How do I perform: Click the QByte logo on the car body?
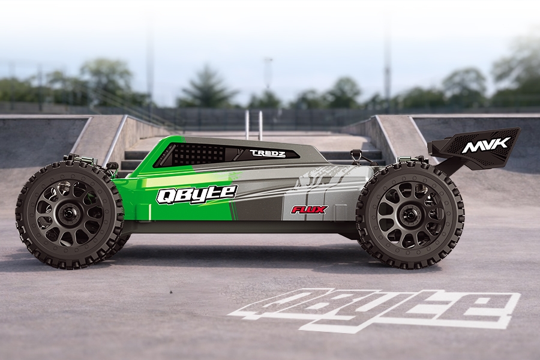pyautogui.click(x=197, y=194)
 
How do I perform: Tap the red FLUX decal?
pyautogui.click(x=309, y=209)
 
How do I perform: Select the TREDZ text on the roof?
pyautogui.click(x=267, y=154)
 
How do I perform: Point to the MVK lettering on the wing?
pyautogui.click(x=485, y=145)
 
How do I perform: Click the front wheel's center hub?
pyautogui.click(x=69, y=214)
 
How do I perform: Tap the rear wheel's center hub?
pyautogui.click(x=410, y=215)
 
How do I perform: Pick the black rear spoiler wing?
pyautogui.click(x=474, y=149)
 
